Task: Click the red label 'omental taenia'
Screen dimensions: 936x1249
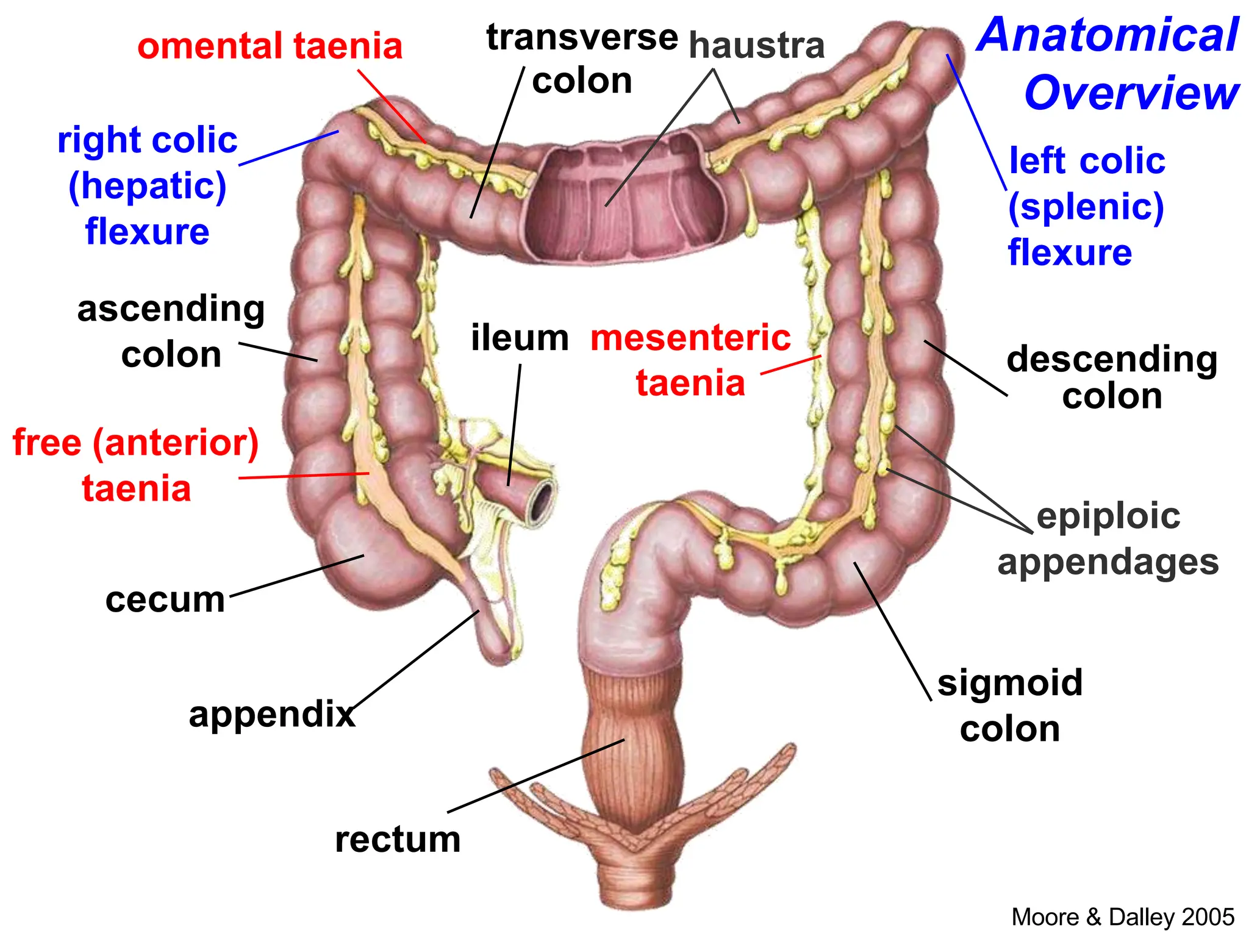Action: pos(270,46)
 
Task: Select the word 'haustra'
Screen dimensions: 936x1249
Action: pos(756,46)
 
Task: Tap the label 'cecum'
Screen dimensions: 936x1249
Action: pos(165,600)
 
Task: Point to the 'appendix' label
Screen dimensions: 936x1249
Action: pos(272,714)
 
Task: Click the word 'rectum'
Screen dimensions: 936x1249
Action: pos(398,840)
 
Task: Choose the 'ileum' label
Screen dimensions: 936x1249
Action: pos(520,338)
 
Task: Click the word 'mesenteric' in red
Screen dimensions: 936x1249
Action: pos(690,338)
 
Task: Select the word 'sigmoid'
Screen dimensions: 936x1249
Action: pos(1010,682)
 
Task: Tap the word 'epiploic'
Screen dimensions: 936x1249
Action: pos(1108,516)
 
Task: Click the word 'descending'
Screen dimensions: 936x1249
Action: pos(1112,360)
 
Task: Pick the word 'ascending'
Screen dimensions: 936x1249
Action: pos(171,309)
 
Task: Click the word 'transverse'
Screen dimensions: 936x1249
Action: pos(582,38)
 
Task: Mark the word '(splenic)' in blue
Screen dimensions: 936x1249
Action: pos(1086,207)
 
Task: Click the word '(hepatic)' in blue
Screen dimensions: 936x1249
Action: pos(148,186)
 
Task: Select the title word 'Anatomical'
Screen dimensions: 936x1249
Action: pos(1108,35)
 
